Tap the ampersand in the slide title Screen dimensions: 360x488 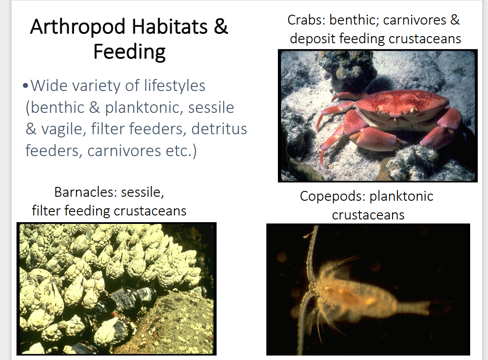220,27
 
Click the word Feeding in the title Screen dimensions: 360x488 129,52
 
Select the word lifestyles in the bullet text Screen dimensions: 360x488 174,85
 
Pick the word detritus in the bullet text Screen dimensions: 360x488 219,129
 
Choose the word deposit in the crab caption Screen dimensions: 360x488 313,38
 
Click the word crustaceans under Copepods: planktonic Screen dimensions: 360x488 368,215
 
